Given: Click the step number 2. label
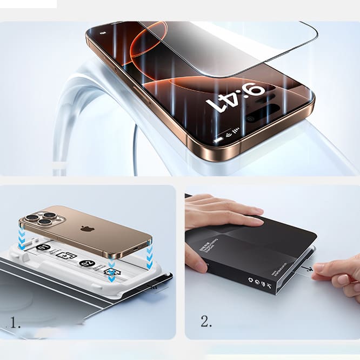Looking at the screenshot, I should (206, 322).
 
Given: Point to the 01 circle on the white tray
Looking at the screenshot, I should (44, 249).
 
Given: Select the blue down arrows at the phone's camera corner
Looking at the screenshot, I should (22, 238).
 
